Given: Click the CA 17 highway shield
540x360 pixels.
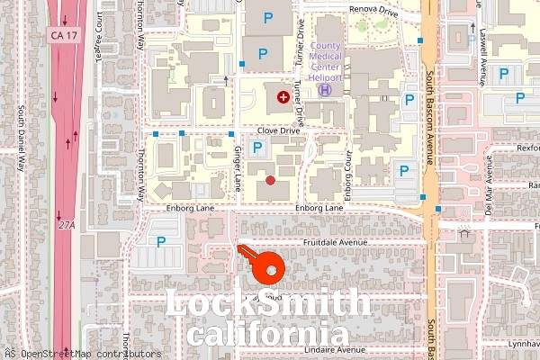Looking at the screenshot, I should [x=62, y=33].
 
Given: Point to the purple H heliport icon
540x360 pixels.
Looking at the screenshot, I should [x=325, y=89].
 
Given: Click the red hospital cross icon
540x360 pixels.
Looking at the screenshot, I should [x=283, y=95].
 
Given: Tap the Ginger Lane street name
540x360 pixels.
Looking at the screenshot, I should [x=238, y=167].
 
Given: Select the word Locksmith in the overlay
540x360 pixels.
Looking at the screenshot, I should [x=268, y=303].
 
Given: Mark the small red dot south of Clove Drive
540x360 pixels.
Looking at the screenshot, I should [x=271, y=180].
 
